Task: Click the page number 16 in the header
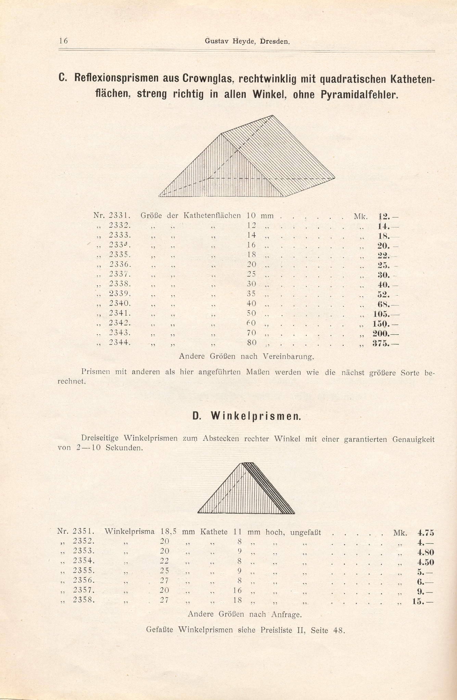pos(63,41)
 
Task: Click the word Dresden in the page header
pos(275,41)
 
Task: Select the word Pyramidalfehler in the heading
pos(359,94)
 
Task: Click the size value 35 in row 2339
pos(251,294)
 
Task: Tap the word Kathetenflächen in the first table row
pos(212,216)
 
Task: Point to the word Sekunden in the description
pos(124,448)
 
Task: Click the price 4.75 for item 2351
pos(426,533)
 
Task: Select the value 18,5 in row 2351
pos(168,532)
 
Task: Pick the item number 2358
pos(83,600)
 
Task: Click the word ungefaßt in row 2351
pos(305,533)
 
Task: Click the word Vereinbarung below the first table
pos(288,357)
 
